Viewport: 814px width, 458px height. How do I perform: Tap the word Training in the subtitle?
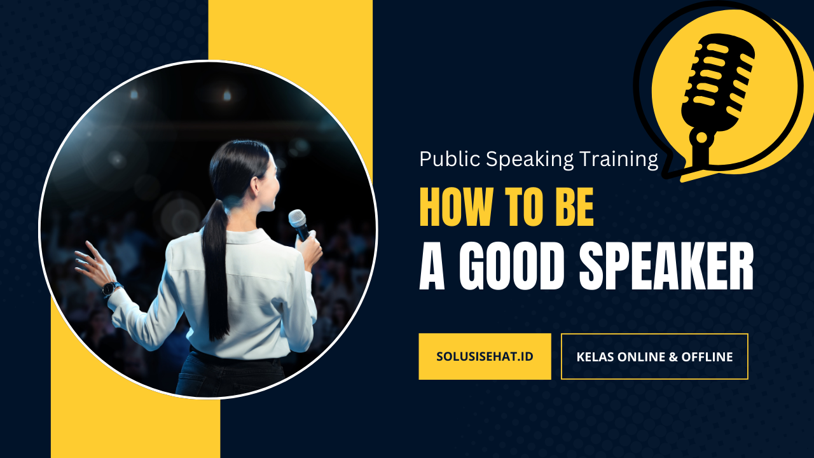tap(619, 160)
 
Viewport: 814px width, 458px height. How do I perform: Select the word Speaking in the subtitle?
tap(530, 160)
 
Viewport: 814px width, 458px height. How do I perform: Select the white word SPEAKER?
tap(666, 267)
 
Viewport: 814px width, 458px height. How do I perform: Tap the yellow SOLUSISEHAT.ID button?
tap(485, 357)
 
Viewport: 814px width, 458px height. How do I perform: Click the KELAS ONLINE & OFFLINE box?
tap(654, 357)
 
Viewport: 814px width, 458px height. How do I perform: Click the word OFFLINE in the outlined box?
tap(707, 357)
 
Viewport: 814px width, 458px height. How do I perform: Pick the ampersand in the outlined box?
tap(673, 357)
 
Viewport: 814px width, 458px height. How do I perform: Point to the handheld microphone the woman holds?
tap(299, 225)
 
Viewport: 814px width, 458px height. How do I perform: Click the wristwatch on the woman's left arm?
tap(111, 289)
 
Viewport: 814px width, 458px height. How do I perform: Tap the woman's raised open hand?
tap(93, 263)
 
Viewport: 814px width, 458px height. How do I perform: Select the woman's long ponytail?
tap(217, 269)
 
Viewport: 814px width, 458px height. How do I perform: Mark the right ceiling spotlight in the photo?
tap(227, 95)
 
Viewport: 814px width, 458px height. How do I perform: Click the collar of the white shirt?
tap(247, 236)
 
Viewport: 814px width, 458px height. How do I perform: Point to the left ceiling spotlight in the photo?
tap(134, 95)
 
